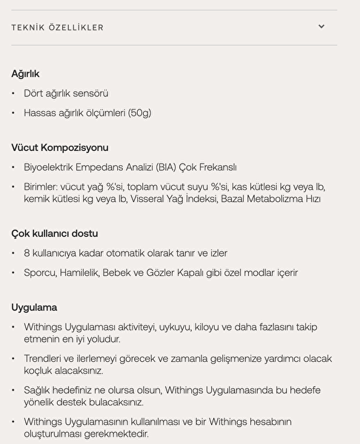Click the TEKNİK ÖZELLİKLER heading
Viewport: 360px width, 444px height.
coord(58,27)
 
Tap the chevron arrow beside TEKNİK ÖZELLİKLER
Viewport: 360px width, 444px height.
coord(321,27)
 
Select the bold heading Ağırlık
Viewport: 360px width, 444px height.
coord(25,74)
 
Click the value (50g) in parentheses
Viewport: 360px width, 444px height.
coord(139,112)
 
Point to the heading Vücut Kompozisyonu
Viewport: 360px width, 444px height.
coord(60,147)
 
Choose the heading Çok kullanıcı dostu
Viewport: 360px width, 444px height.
coord(55,233)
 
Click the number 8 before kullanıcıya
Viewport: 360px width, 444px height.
coord(27,252)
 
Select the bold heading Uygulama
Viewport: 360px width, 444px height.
coord(34,306)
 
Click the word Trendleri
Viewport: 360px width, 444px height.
coord(43,358)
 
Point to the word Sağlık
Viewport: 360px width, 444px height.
coord(39,390)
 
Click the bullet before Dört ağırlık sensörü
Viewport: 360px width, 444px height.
coord(14,93)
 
